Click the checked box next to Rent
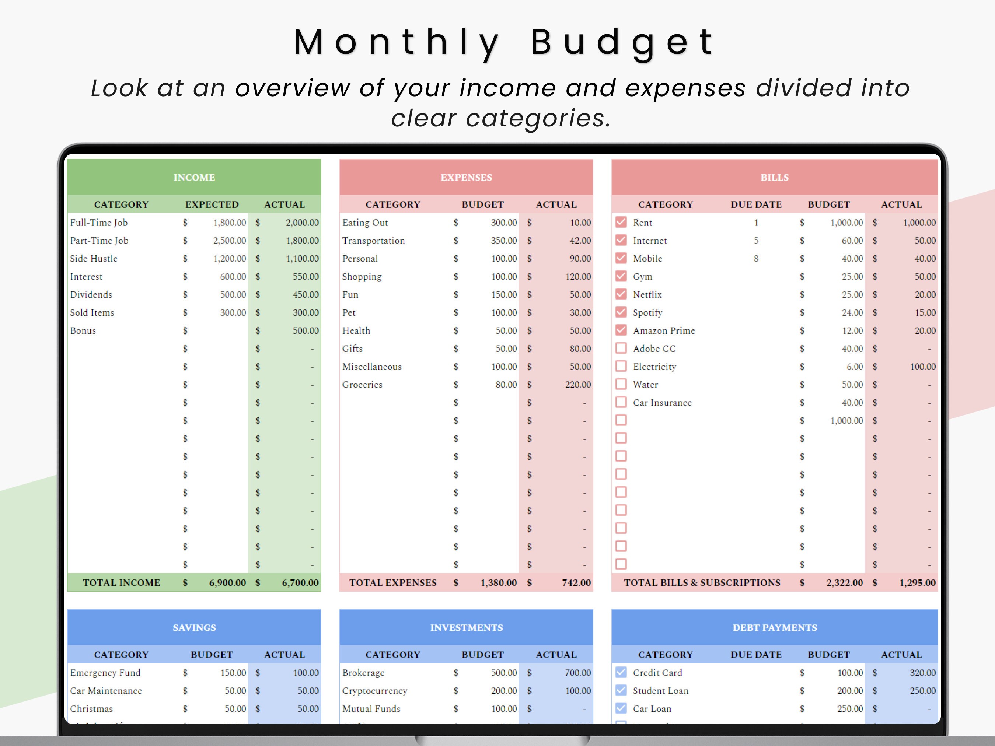[x=621, y=222]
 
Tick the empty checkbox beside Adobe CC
[x=621, y=348]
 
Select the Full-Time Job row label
[x=99, y=223]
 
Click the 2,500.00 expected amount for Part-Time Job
[x=230, y=241]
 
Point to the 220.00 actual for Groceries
[x=577, y=385]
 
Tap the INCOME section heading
[x=194, y=177]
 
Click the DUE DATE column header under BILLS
[x=756, y=204]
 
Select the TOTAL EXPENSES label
[x=393, y=583]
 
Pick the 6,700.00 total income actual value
[x=300, y=583]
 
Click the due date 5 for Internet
[x=756, y=241]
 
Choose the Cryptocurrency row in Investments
[x=375, y=691]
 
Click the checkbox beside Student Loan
[x=621, y=690]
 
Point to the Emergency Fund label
[x=105, y=673]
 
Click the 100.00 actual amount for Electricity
[x=922, y=367]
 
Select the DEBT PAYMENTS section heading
[x=775, y=628]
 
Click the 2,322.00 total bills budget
[x=844, y=583]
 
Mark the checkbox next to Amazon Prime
[x=621, y=330]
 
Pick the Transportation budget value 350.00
[x=504, y=241]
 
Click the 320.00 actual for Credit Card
[x=922, y=673]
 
